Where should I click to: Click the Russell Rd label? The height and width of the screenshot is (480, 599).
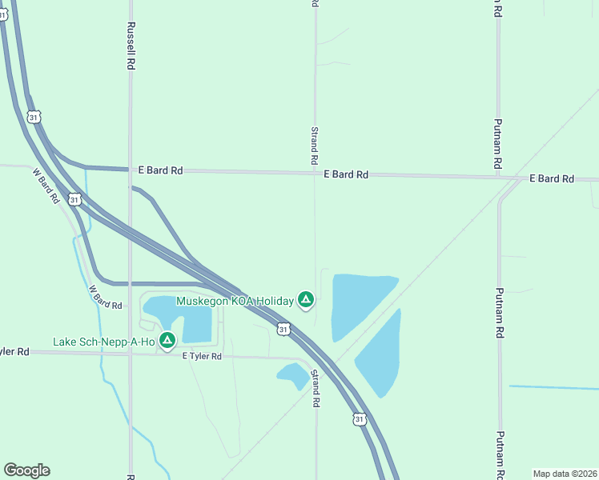pyautogui.click(x=130, y=46)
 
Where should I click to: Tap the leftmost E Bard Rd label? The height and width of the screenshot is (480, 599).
pyautogui.click(x=160, y=170)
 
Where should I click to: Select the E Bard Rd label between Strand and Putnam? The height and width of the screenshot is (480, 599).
pyautogui.click(x=346, y=174)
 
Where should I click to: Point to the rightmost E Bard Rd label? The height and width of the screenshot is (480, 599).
pyautogui.click(x=552, y=178)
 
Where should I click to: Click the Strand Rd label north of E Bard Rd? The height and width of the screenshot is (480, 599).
pyautogui.click(x=315, y=146)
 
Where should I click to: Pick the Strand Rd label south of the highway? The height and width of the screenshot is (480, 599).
pyautogui.click(x=316, y=390)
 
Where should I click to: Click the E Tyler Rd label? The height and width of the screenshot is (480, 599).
pyautogui.click(x=201, y=356)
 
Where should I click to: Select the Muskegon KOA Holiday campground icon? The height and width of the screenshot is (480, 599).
pyautogui.click(x=305, y=301)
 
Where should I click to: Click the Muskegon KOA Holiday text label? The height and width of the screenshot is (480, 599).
pyautogui.click(x=235, y=302)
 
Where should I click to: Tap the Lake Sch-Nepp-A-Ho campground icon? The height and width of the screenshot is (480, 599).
pyautogui.click(x=167, y=342)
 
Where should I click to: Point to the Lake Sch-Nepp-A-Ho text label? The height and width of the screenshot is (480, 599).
pyautogui.click(x=104, y=342)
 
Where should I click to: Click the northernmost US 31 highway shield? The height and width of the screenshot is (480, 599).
pyautogui.click(x=33, y=117)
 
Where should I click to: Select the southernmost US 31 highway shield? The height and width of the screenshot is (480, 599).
pyautogui.click(x=360, y=418)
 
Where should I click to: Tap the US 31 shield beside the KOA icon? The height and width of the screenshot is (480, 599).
pyautogui.click(x=283, y=329)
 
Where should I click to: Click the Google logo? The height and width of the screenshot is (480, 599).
pyautogui.click(x=26, y=470)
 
